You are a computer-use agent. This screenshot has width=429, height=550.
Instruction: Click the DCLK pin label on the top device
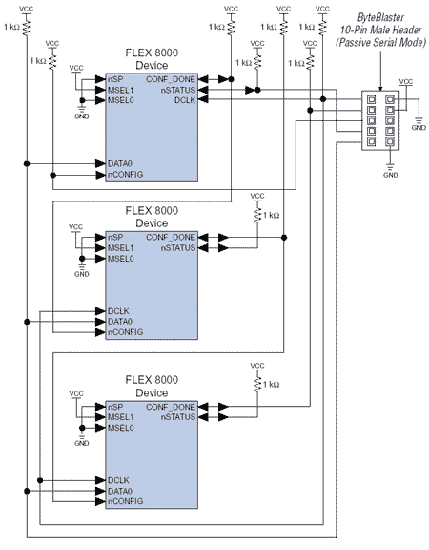(x=185, y=100)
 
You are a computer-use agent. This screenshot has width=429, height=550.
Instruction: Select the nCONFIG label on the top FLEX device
(x=126, y=175)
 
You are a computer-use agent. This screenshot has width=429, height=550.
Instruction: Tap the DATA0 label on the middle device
(x=120, y=322)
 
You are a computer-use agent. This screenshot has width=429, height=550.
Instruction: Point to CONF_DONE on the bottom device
(x=171, y=407)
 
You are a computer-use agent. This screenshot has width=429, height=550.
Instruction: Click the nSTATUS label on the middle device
(x=178, y=248)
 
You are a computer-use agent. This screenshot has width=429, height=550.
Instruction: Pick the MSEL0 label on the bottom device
(x=121, y=428)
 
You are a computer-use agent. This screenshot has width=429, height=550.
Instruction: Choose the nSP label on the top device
(x=115, y=79)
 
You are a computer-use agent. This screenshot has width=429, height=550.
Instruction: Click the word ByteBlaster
(x=380, y=17)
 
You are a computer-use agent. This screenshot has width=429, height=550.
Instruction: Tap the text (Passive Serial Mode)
(x=380, y=42)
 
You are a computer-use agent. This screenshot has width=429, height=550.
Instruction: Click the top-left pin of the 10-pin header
(x=371, y=99)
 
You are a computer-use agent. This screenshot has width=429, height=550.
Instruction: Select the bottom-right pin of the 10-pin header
(x=390, y=141)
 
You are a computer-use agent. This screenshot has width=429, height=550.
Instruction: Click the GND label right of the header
(x=419, y=128)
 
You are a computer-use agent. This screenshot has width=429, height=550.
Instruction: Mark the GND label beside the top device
(x=82, y=116)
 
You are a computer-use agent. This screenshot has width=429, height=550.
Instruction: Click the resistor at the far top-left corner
(x=27, y=27)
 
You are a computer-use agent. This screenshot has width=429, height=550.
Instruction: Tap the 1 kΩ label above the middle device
(x=272, y=215)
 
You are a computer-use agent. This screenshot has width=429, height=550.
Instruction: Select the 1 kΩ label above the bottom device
(x=272, y=385)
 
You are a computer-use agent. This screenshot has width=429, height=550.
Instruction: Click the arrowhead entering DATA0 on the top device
(x=101, y=163)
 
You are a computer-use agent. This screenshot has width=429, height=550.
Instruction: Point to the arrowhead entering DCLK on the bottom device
(x=101, y=480)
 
